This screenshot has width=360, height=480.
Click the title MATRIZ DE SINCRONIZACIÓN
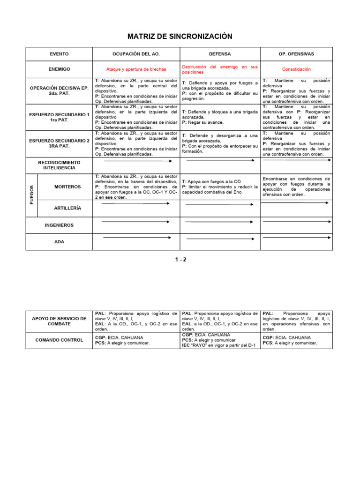pyautogui.click(x=180, y=37)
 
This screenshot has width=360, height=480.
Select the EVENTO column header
pyautogui.click(x=59, y=54)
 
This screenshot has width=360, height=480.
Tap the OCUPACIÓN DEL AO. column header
pyautogui.click(x=136, y=54)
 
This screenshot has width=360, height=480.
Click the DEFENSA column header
pyautogui.click(x=220, y=54)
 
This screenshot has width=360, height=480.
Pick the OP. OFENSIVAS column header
pyautogui.click(x=296, y=54)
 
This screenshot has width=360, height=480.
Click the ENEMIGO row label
pyautogui.click(x=59, y=69)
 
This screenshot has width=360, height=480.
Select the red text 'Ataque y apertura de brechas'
pyautogui.click(x=136, y=69)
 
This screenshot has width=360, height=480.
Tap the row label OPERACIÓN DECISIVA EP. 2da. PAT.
pyautogui.click(x=59, y=91)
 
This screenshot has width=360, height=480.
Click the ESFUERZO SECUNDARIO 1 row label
pyautogui.click(x=59, y=117)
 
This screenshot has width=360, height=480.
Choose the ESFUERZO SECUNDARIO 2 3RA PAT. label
pyautogui.click(x=59, y=143)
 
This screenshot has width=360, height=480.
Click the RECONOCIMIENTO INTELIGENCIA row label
pyautogui.click(x=59, y=165)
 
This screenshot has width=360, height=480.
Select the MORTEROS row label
pyautogui.click(x=67, y=187)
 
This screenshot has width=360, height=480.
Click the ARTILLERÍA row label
pyautogui.click(x=67, y=208)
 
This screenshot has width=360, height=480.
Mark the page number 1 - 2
pyautogui.click(x=180, y=259)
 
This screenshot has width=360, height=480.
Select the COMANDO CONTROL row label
pyautogui.click(x=59, y=340)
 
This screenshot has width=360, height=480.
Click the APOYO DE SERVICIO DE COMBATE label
pyautogui.click(x=59, y=321)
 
